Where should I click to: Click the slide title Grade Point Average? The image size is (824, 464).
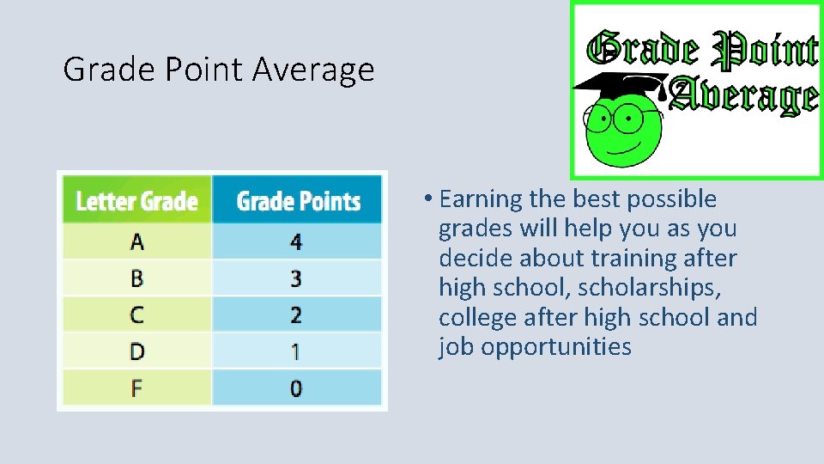(219, 69)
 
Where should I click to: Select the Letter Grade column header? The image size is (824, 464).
(136, 201)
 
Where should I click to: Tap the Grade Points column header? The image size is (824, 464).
(298, 201)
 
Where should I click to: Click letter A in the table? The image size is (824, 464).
(136, 242)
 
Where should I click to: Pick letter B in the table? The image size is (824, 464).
(136, 278)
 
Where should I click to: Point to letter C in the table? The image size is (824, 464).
(136, 314)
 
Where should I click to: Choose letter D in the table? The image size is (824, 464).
(136, 351)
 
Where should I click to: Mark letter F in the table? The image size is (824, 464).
(136, 388)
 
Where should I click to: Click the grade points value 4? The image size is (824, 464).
(296, 242)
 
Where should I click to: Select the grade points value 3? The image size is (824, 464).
(296, 278)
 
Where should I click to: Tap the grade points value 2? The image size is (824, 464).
(296, 314)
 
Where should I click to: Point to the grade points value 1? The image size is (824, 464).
(296, 351)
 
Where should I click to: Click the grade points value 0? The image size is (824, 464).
(296, 388)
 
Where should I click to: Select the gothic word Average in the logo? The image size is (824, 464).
(743, 96)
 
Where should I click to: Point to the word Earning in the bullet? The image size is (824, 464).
(481, 199)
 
